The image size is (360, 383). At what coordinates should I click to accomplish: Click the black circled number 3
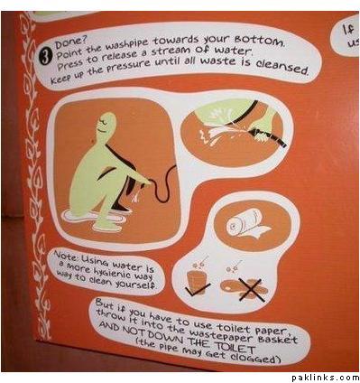44,57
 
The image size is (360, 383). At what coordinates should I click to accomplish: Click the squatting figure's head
106,123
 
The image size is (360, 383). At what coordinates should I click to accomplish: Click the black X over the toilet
252,290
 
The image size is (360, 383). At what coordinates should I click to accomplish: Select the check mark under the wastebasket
198,288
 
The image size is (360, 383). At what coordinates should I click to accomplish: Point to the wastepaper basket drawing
197,279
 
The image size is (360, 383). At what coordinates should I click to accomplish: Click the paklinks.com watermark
325,378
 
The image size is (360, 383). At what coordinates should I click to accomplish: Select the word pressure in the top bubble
133,65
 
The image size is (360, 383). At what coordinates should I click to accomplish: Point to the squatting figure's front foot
107,228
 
